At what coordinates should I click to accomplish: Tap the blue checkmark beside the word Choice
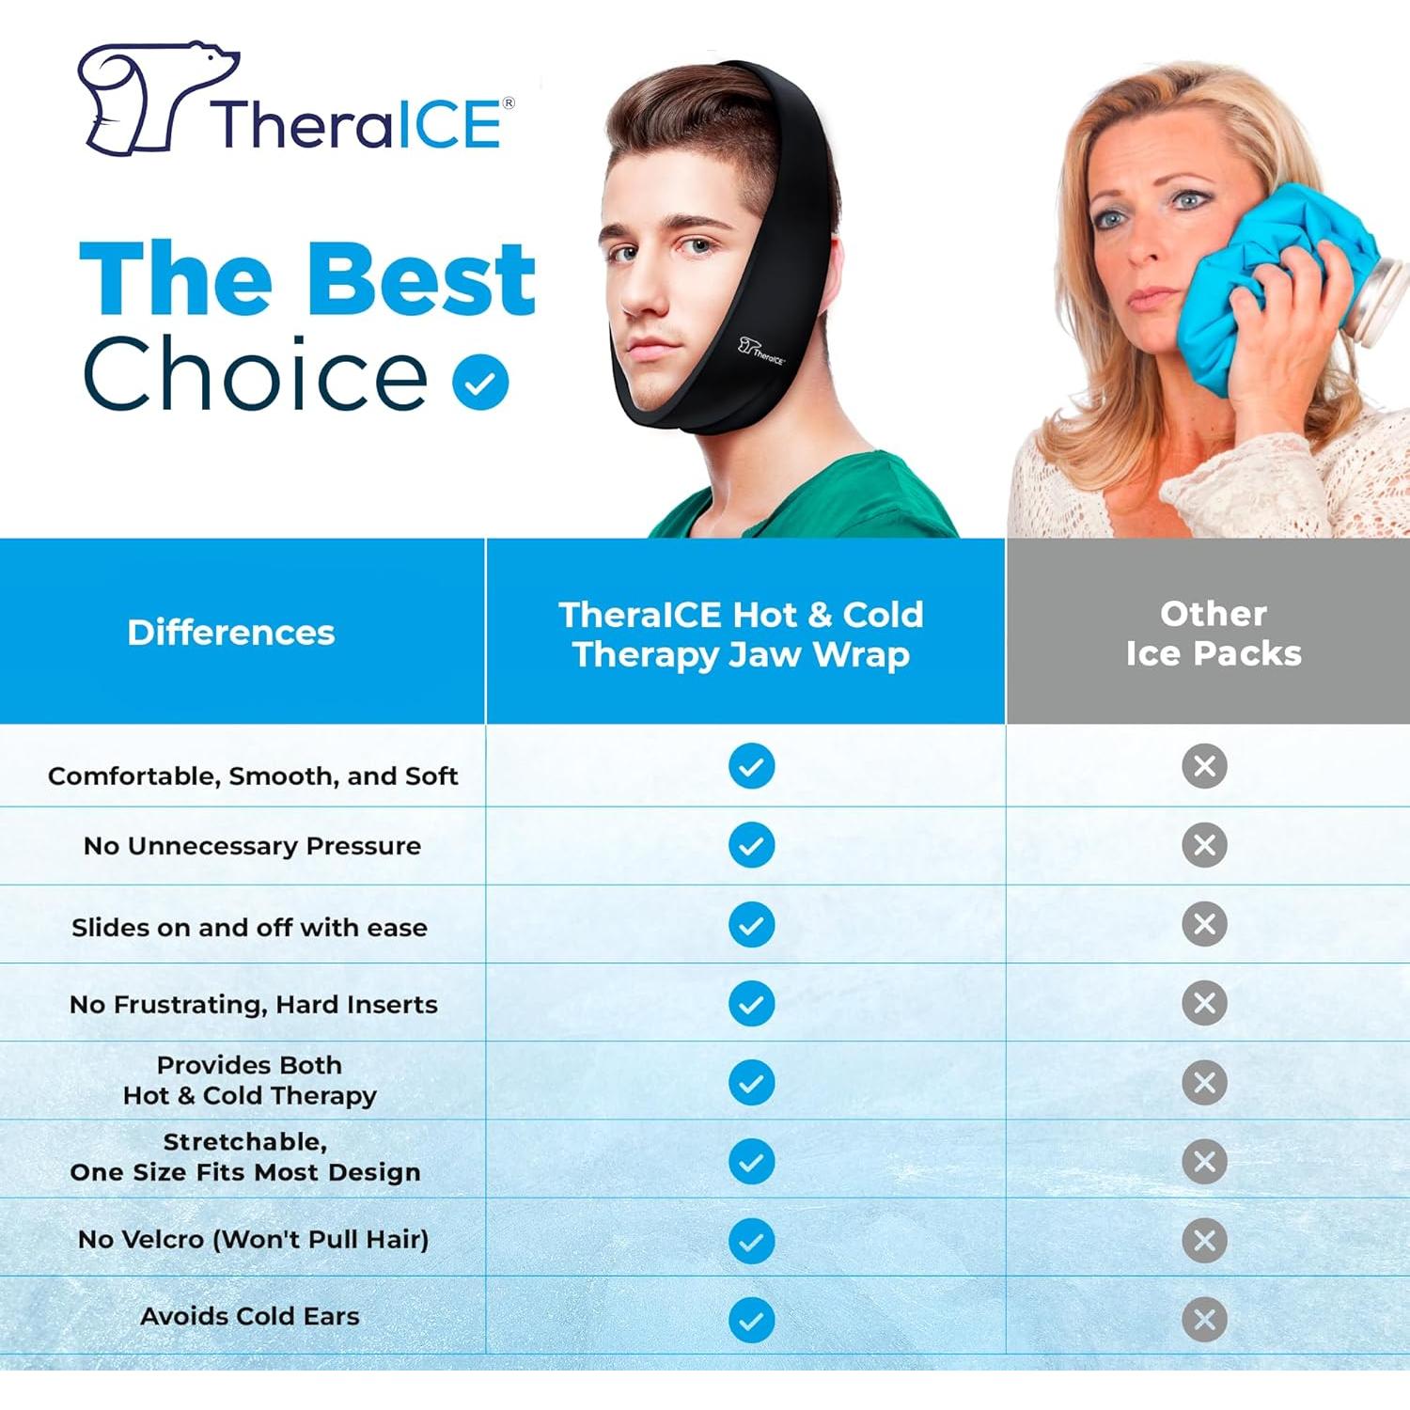(480, 382)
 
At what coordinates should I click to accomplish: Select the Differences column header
(231, 633)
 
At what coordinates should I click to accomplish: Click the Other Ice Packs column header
(1213, 633)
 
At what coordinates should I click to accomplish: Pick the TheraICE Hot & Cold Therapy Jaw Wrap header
(742, 634)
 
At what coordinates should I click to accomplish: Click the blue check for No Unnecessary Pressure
(751, 845)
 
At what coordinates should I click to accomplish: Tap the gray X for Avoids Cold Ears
(1204, 1319)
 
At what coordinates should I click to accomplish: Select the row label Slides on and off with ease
(249, 928)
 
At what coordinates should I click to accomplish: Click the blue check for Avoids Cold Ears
(751, 1319)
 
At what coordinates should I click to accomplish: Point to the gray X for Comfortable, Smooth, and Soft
(1204, 766)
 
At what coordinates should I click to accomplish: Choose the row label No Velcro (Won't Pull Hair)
(253, 1239)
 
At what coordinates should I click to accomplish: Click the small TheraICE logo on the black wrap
(761, 351)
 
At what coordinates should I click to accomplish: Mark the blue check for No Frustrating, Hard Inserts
(751, 1003)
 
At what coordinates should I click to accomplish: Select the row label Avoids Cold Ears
(250, 1316)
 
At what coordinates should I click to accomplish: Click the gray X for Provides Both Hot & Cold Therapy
(1204, 1082)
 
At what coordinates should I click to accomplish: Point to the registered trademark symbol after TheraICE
(509, 102)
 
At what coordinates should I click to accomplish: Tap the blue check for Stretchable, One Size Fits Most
(751, 1161)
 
